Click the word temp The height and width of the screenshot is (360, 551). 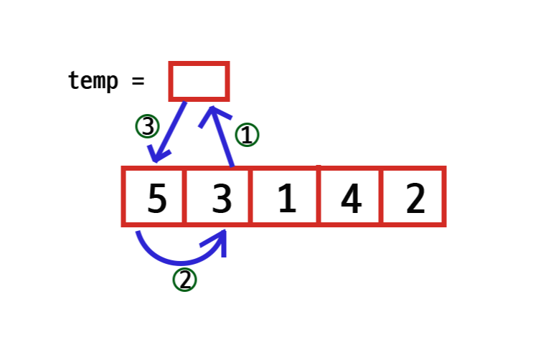93,80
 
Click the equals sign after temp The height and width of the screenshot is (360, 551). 138,80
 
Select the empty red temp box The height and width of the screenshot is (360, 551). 199,81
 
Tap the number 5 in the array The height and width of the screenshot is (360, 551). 156,199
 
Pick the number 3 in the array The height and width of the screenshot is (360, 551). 222,199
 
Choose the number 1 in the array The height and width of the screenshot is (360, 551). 286,199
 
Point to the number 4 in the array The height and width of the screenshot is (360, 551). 350,199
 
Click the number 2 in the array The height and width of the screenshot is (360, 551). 415,199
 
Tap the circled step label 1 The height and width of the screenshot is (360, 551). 247,135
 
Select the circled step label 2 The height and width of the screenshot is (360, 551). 184,280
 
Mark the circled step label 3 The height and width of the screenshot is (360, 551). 147,127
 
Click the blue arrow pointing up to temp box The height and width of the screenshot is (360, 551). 222,140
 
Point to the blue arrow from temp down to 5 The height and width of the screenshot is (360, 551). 170,132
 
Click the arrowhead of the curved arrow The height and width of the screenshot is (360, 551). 222,240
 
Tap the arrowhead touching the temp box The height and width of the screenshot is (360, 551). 213,113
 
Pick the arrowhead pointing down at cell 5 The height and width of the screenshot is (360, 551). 157,155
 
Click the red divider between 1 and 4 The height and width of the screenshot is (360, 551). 318,196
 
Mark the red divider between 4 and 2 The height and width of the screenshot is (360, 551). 382,196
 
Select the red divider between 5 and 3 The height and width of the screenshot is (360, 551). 185,196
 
